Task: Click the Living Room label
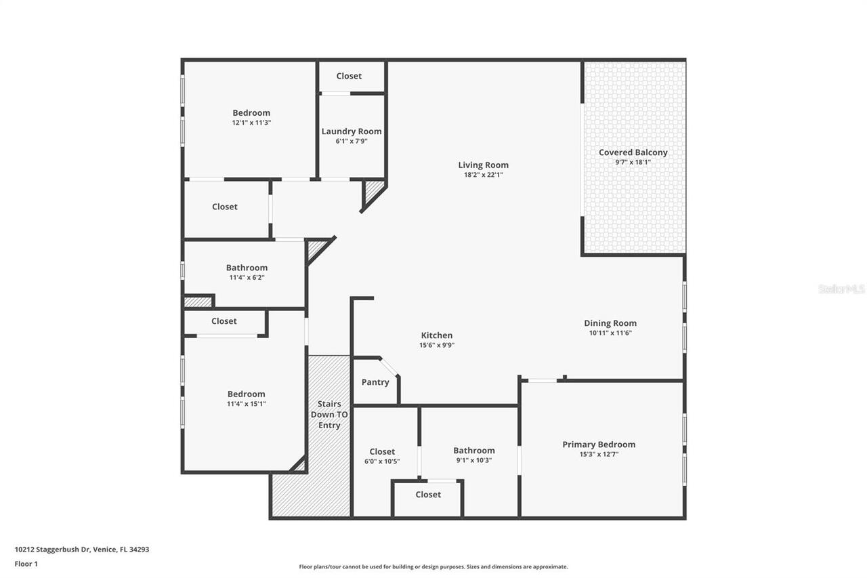pos(483,165)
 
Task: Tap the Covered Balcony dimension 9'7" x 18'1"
pos(633,163)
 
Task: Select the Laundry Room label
pos(351,131)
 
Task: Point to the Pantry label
pos(375,382)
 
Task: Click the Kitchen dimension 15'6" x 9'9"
pos(436,345)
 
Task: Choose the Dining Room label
pos(610,323)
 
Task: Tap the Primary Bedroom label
pos(599,445)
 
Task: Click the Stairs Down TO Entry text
pos(329,415)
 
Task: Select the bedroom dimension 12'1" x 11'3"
pos(251,123)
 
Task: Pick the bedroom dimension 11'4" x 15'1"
pos(246,404)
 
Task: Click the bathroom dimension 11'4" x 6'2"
pos(247,277)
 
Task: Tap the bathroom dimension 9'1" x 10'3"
pos(473,460)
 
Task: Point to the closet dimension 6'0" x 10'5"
pos(382,461)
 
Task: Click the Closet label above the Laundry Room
pos(349,76)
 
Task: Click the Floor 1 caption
pos(26,563)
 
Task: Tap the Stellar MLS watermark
pos(841,289)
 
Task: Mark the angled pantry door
pos(389,366)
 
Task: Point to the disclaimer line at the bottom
pos(433,566)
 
